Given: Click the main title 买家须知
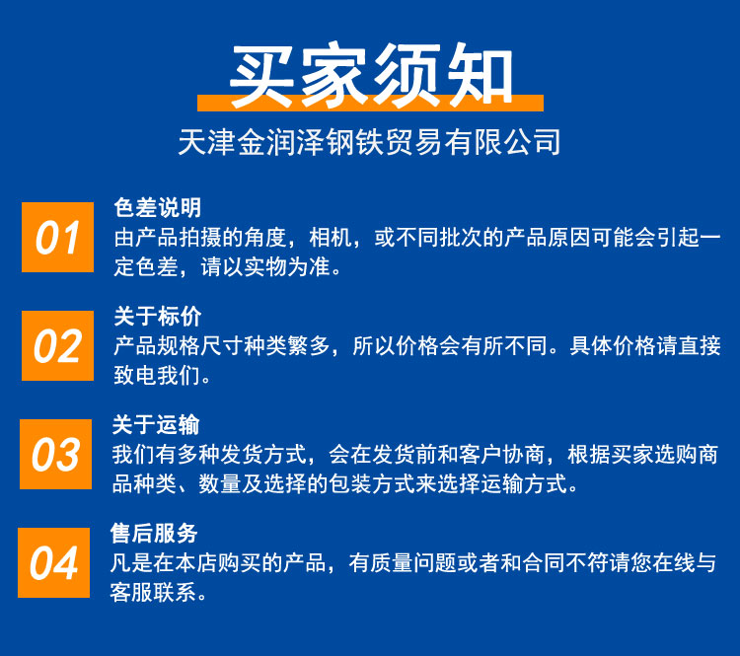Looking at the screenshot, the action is [371, 74].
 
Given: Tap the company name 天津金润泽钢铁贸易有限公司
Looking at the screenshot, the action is [369, 142].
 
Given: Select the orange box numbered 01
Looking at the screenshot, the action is [57, 237].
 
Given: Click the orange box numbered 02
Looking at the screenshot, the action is [57, 345].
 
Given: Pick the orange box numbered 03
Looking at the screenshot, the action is [55, 454].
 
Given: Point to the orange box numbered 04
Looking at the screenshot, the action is [54, 562].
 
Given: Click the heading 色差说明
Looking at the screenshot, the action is [158, 208].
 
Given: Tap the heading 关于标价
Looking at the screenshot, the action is [158, 317].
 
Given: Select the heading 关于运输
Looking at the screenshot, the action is [156, 425].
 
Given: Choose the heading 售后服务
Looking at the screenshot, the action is [154, 534].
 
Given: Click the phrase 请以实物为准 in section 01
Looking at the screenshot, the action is [265, 267].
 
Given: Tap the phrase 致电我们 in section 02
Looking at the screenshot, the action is [157, 376].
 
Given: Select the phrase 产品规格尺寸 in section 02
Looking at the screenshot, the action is [179, 346].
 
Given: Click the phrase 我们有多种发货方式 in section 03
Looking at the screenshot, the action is [209, 455].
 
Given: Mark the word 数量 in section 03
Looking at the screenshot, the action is [220, 484].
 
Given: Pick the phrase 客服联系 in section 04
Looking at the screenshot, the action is [153, 593].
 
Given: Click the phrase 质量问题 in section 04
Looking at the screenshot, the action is [413, 563].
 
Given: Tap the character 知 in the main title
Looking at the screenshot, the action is [481, 74].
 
